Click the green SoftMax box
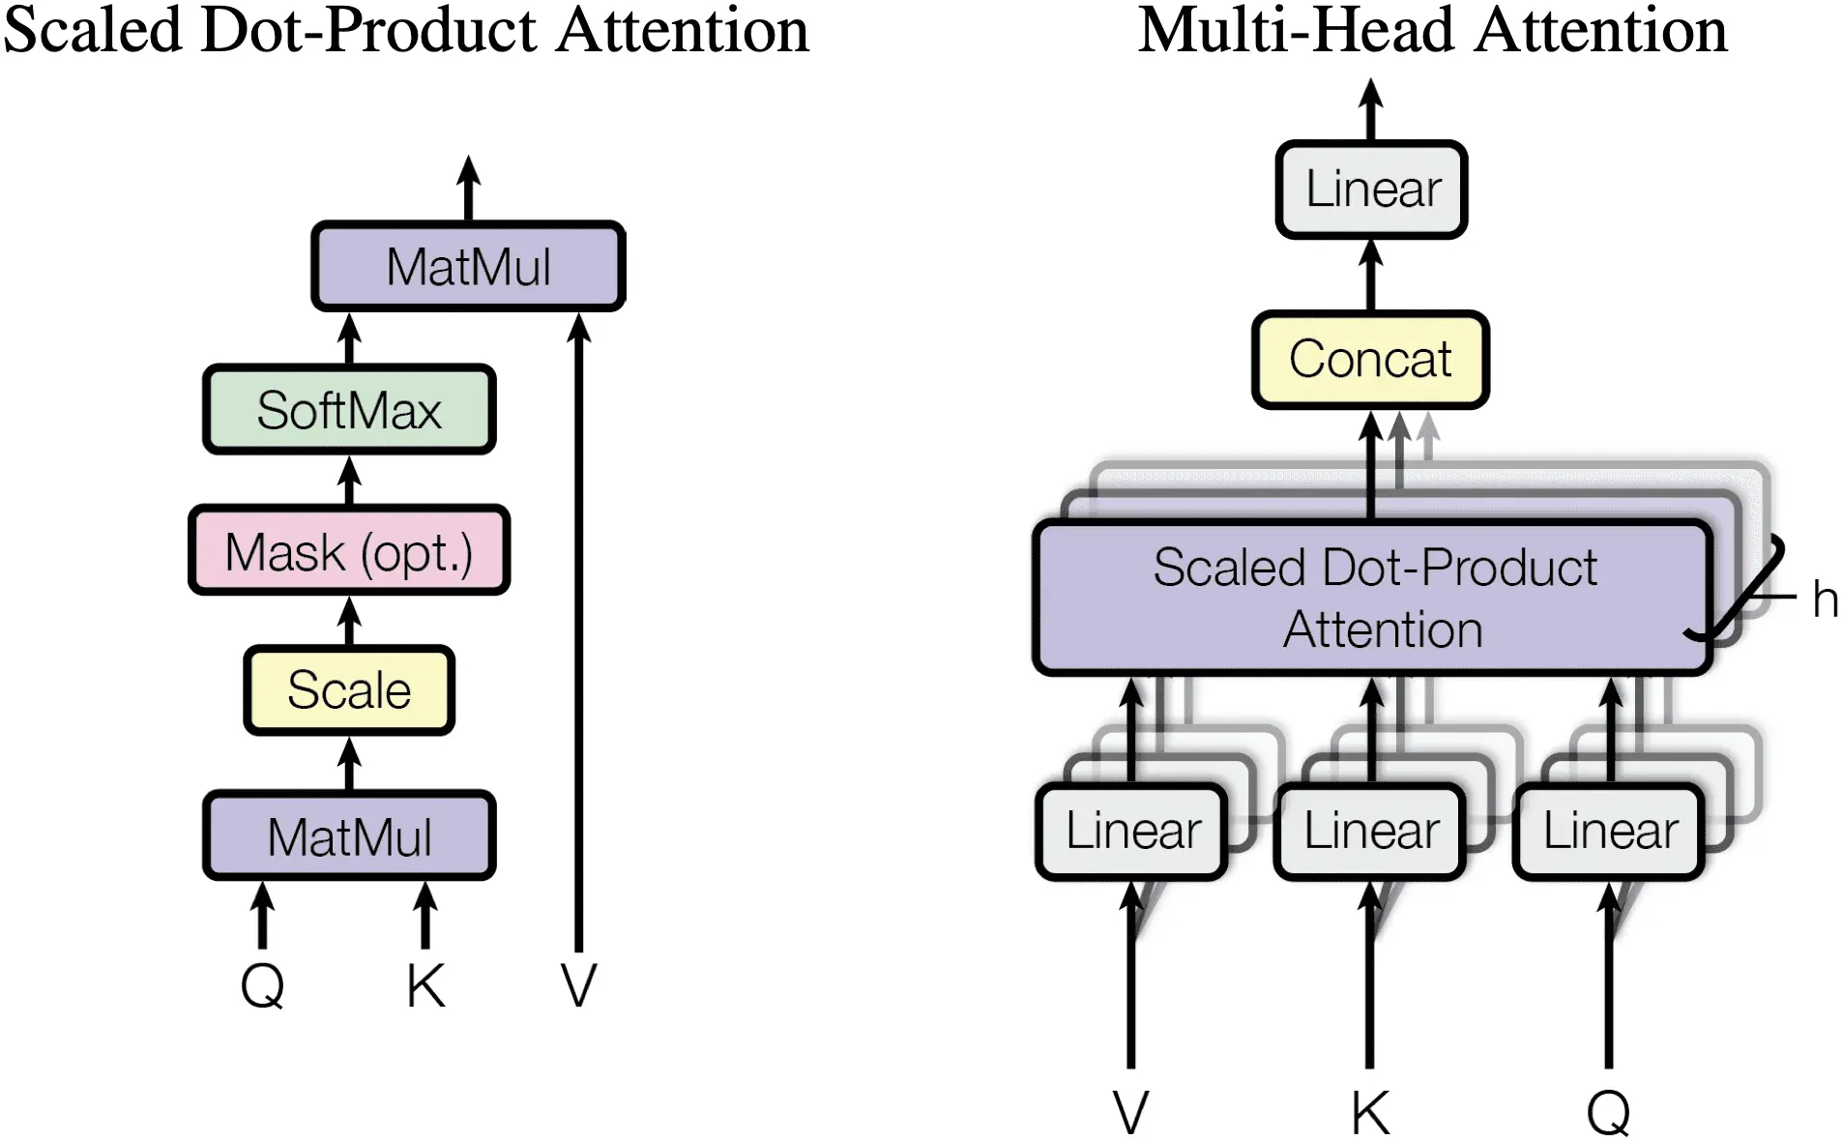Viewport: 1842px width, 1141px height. pos(349,410)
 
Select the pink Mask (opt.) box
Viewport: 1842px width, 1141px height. pos(349,551)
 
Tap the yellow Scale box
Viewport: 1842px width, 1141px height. pos(349,690)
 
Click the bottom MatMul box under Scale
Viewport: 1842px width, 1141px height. pos(349,836)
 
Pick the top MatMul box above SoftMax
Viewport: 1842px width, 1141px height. pos(468,267)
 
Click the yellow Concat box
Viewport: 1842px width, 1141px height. pos(1370,360)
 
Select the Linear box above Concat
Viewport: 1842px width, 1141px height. pos(1372,190)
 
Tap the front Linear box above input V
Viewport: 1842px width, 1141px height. pos(1132,831)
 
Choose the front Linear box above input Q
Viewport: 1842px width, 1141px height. pos(1609,831)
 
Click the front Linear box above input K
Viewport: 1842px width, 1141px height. pos(1370,831)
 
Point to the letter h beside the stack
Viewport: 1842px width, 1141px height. pos(1825,600)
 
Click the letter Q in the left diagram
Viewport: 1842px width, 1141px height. pos(262,986)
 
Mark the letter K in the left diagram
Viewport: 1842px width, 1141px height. pos(425,986)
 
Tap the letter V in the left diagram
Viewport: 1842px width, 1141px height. pos(578,986)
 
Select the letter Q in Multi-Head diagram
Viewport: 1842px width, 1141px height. pos(1609,1113)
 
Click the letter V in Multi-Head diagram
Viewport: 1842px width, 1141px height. pos(1130,1113)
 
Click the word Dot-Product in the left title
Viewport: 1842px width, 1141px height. pos(368,31)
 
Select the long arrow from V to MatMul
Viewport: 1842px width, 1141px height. pos(578,629)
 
